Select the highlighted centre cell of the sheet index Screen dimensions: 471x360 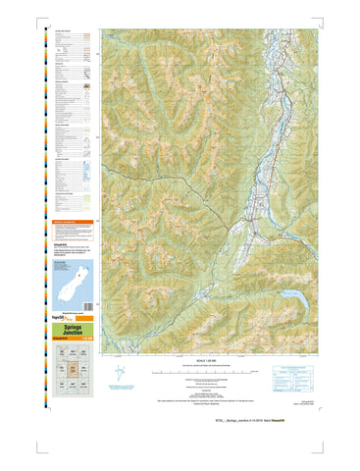click(x=73, y=371)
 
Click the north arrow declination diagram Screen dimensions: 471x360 click(x=120, y=374)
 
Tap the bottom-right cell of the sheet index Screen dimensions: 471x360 click(x=86, y=389)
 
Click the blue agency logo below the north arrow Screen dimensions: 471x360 click(x=120, y=390)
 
